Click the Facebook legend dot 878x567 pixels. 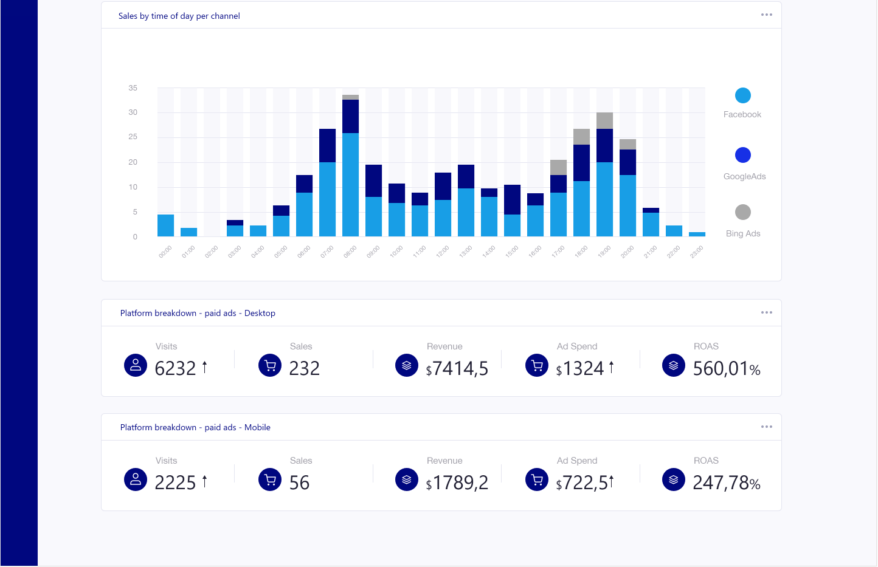pos(742,95)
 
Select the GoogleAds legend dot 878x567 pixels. pos(742,155)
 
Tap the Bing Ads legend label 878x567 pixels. pos(743,233)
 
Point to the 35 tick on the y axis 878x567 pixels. pos(133,88)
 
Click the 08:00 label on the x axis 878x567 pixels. pos(350,252)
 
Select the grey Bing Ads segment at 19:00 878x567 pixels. pos(604,120)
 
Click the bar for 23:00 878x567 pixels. pos(697,234)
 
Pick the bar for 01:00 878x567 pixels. pos(188,232)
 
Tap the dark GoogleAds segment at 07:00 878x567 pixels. pos(327,145)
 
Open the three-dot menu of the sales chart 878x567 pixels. pos(767,15)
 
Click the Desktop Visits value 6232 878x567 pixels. pos(175,368)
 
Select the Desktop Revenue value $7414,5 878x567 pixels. pos(457,368)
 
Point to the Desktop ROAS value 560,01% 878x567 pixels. pos(727,368)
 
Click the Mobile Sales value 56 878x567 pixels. pos(299,483)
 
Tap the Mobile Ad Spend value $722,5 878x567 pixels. pos(582,483)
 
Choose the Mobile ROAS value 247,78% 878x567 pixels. pos(727,483)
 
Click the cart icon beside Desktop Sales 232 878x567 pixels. pos(270,365)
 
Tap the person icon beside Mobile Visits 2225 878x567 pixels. pos(136,479)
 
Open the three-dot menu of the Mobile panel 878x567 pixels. pos(767,427)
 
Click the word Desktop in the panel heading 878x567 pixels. pos(260,313)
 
